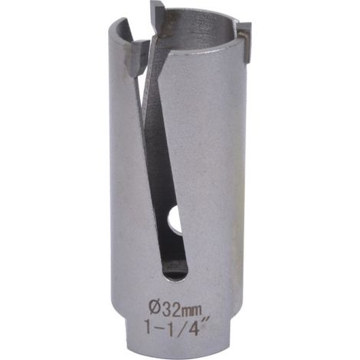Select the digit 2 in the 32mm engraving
[178, 309]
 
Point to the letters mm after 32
[193, 311]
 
